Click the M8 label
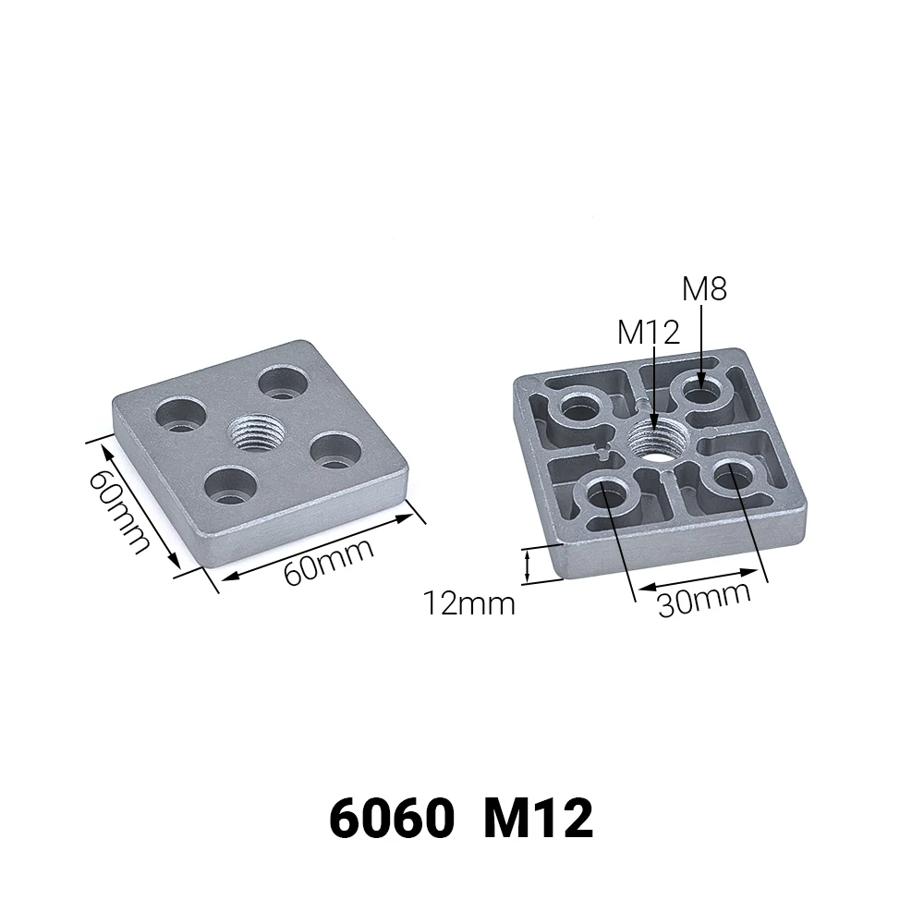[x=704, y=289]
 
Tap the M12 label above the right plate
[x=649, y=332]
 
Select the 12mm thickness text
[x=469, y=604]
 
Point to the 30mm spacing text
[x=704, y=601]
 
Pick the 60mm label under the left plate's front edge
[x=328, y=561]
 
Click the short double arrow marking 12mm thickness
[x=529, y=565]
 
